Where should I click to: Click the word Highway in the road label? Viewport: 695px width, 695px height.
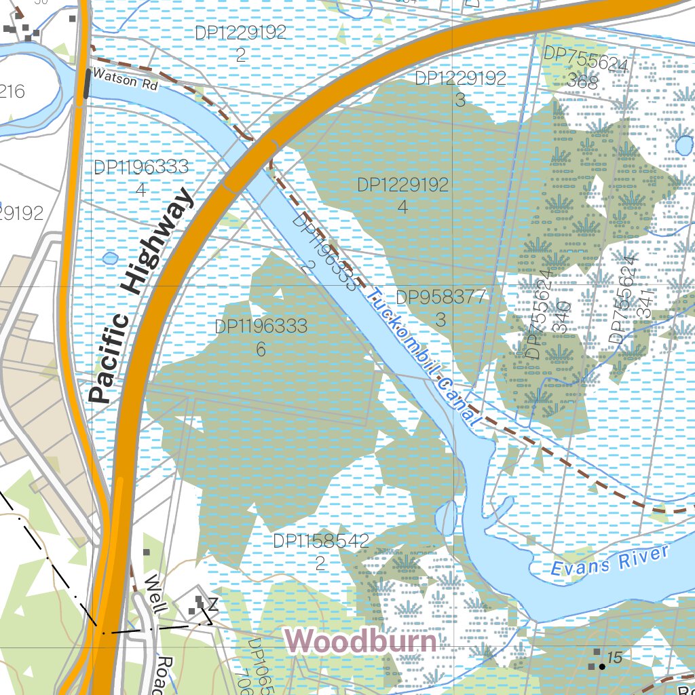click(155, 242)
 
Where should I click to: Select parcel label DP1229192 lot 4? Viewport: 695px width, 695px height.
click(403, 195)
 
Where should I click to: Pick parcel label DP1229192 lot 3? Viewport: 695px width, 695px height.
click(460, 88)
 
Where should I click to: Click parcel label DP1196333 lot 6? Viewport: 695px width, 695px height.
click(261, 337)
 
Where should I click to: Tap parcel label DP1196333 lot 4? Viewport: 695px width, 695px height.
click(140, 178)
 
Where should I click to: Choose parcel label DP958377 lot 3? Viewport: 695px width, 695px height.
click(440, 307)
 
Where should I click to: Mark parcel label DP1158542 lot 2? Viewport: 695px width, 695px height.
click(320, 551)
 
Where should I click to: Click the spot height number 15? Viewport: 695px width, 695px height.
click(615, 657)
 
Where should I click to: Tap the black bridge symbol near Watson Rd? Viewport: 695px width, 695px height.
click(87, 84)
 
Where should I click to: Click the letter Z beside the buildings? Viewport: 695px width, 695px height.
click(212, 604)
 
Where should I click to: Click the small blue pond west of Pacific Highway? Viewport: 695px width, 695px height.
click(110, 258)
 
